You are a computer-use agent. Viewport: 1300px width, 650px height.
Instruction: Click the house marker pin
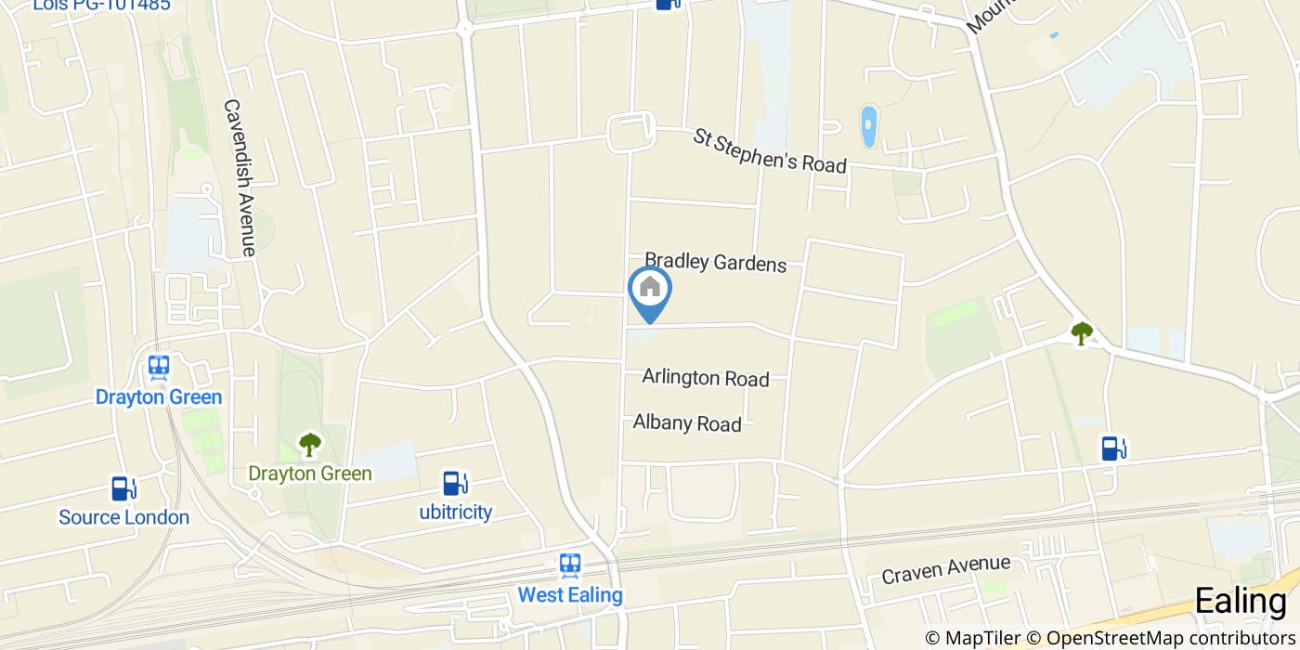650,290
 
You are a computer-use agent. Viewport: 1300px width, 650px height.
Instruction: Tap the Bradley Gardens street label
715,263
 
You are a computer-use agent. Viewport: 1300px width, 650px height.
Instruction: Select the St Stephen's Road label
770,151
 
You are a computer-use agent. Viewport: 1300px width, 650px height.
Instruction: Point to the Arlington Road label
706,378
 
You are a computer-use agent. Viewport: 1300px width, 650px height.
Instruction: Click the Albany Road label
687,423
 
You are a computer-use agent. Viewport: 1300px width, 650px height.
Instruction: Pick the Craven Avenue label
945,569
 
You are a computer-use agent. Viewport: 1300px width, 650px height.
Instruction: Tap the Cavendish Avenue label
239,177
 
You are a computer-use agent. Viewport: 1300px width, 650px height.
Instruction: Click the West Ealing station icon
570,565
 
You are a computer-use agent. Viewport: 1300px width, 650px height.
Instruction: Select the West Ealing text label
570,594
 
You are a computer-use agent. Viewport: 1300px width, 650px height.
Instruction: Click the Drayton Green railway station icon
159,368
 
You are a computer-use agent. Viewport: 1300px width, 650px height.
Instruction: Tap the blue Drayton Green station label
159,397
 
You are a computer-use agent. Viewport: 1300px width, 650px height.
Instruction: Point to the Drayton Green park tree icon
309,445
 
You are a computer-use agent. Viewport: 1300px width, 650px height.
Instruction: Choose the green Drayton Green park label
309,474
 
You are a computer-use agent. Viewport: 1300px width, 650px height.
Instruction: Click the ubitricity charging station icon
454,483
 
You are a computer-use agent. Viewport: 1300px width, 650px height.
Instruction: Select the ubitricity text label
455,512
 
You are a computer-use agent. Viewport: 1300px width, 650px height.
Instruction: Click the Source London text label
123,517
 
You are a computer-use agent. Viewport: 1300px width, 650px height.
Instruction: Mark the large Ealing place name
1240,601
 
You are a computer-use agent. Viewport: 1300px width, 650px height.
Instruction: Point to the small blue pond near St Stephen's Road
868,127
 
